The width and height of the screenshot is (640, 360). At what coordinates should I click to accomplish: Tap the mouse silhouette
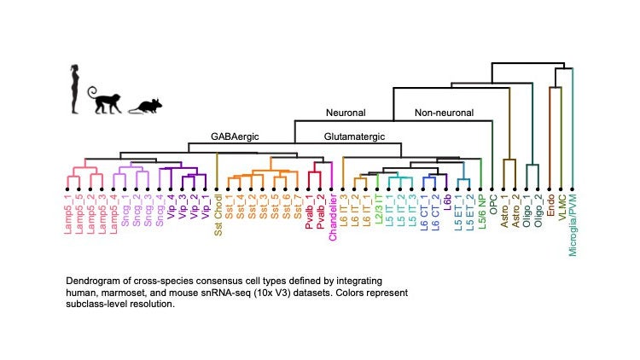pyautogui.click(x=145, y=106)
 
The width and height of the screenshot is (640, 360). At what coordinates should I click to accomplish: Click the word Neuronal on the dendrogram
pyautogui.click(x=346, y=113)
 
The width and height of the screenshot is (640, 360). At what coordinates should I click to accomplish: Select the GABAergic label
pyautogui.click(x=235, y=136)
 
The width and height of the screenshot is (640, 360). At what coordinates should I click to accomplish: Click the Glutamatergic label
pyautogui.click(x=354, y=136)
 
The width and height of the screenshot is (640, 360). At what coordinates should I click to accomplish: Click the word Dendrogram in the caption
pyautogui.click(x=93, y=281)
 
